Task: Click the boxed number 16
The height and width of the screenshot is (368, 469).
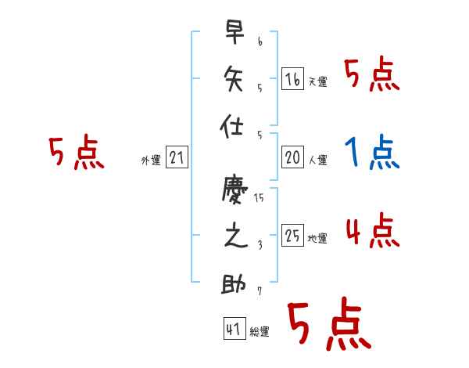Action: coord(292,78)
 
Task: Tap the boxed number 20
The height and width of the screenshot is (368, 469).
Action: coord(292,157)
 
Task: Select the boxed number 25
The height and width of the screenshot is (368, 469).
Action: coord(292,236)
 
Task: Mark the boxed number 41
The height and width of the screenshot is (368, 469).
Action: coord(233,330)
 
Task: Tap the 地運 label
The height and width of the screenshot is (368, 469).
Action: coord(317,239)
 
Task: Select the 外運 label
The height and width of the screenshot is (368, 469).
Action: coord(151,161)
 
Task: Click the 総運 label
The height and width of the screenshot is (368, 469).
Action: coord(259,333)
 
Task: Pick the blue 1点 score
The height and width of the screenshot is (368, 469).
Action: coord(371,152)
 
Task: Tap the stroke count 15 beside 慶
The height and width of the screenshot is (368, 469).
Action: coord(259,198)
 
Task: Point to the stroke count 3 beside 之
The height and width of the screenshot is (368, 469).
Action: coord(259,244)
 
